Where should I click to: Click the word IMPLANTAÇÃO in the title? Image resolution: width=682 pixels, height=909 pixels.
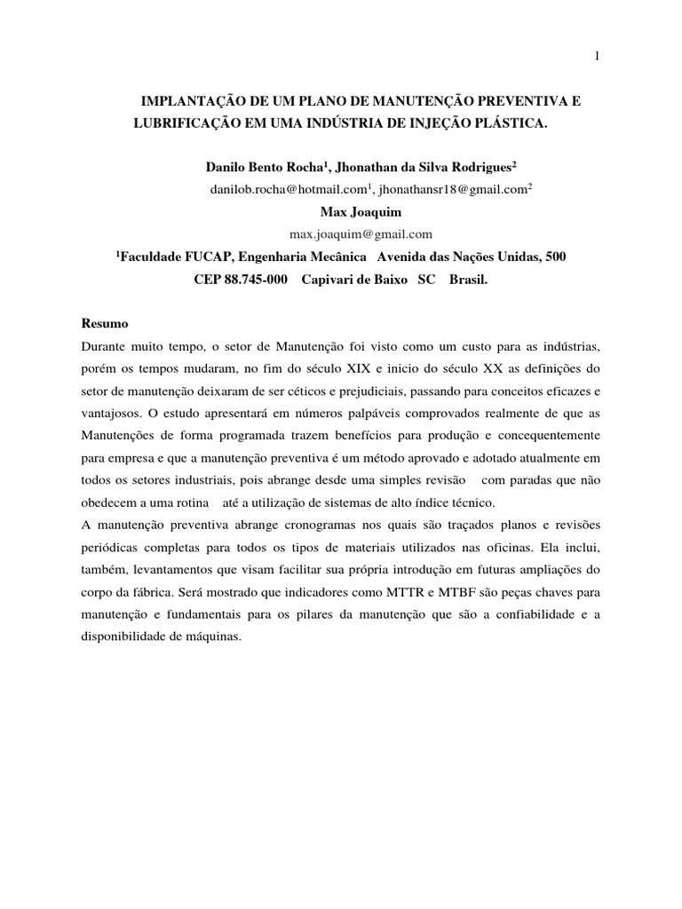pyautogui.click(x=189, y=103)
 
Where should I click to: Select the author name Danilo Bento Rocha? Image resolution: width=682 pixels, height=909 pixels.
pyautogui.click(x=263, y=167)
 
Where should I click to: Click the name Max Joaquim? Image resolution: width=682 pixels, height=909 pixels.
pyautogui.click(x=361, y=212)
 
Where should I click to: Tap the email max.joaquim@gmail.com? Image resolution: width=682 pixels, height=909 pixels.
pyautogui.click(x=361, y=234)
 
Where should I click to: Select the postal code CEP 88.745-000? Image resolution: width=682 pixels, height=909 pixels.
pyautogui.click(x=240, y=278)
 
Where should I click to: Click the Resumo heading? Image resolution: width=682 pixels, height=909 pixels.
pyautogui.click(x=106, y=323)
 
